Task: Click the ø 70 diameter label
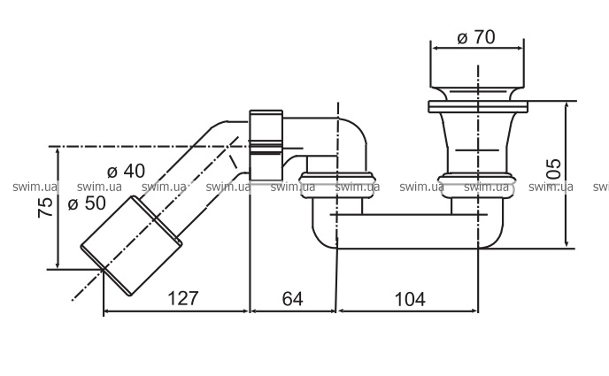(476, 37)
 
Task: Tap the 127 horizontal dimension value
(181, 299)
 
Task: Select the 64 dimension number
(293, 299)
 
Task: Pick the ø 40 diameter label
(126, 172)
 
